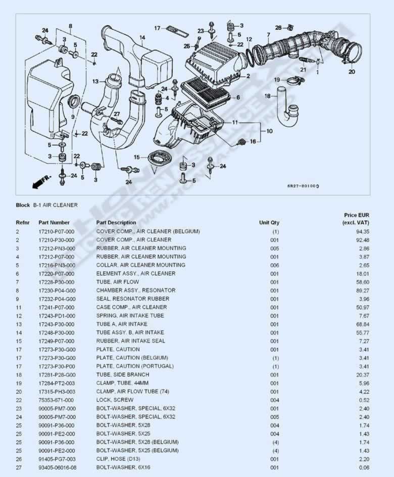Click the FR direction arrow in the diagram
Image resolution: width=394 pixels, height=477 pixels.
click(x=41, y=181)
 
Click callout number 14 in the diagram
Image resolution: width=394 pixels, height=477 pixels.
click(x=142, y=38)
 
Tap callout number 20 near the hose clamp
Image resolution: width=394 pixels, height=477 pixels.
click(x=352, y=72)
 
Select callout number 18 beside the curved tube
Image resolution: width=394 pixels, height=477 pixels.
click(x=268, y=96)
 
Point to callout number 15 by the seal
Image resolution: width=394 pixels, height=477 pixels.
click(x=137, y=157)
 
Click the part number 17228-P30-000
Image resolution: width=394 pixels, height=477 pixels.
click(x=56, y=282)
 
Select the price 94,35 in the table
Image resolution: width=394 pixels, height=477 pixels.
click(x=363, y=231)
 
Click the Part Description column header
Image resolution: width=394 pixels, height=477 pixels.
click(x=116, y=222)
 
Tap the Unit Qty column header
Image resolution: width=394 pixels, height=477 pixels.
click(x=269, y=222)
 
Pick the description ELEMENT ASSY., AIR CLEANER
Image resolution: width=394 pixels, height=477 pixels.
click(x=136, y=273)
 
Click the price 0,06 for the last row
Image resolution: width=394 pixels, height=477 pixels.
click(x=364, y=467)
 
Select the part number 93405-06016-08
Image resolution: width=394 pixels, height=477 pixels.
click(x=58, y=467)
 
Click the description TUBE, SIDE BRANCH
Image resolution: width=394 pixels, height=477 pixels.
click(x=123, y=374)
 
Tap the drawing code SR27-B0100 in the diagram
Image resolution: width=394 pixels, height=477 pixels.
click(x=303, y=186)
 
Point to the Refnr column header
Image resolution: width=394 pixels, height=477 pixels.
click(x=23, y=222)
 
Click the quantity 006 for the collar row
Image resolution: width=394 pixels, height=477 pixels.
click(x=274, y=265)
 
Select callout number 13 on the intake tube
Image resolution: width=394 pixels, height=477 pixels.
click(x=95, y=81)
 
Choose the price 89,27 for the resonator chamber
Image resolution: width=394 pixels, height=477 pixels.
click(x=363, y=291)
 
